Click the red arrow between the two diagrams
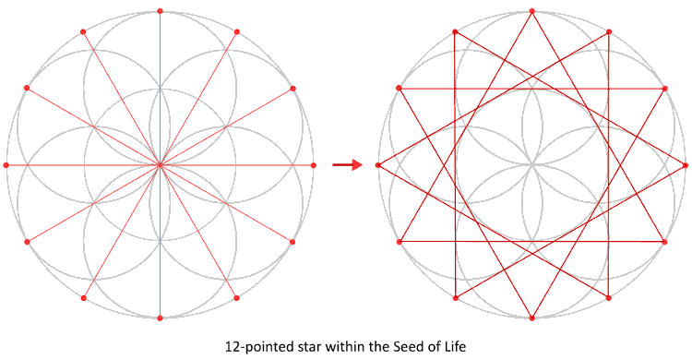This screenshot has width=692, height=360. coord(346,165)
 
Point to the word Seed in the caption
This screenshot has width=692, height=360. coord(404,348)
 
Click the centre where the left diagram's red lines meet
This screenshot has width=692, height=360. coord(160,165)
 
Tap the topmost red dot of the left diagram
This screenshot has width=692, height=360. coord(160,11)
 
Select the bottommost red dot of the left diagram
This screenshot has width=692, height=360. coord(160,318)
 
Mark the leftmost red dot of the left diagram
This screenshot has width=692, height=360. coord(6,165)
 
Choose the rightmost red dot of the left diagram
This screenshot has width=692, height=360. coord(314,165)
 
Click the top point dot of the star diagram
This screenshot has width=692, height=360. coord(532,11)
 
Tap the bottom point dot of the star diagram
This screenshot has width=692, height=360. coord(532,318)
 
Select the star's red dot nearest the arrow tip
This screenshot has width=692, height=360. coord(379,165)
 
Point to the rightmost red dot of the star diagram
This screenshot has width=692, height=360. coord(686,165)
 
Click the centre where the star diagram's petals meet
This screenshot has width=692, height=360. coord(532,165)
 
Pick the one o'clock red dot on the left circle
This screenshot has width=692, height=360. coord(237,31)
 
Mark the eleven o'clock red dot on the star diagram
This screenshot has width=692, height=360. coord(456,31)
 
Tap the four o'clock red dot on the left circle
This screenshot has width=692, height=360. coord(293,242)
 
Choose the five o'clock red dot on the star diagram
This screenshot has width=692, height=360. coord(610,298)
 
